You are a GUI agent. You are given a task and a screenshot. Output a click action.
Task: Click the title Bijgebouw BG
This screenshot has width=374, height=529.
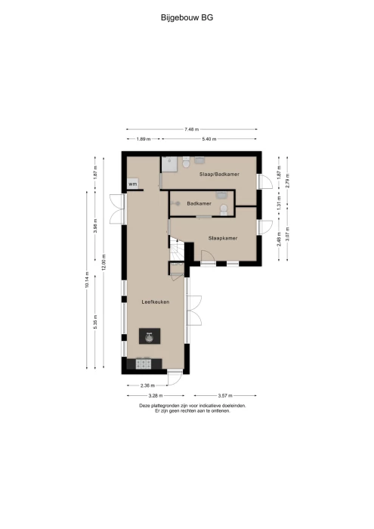pos(187,17)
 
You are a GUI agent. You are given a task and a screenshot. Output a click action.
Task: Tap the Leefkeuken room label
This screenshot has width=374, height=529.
pos(155,302)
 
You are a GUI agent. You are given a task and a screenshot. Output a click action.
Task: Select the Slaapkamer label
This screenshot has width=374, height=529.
pos(223,238)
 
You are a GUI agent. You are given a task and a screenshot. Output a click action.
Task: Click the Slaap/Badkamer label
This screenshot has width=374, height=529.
pos(219,174)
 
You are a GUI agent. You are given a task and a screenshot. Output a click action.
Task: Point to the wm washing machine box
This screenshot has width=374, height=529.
pos(133,184)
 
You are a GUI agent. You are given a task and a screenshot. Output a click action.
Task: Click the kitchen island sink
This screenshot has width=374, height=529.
pos(150,336)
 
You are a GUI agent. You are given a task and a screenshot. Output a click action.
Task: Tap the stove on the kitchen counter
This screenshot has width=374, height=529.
pos(144,363)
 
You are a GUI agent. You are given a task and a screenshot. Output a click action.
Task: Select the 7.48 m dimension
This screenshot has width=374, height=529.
pos(192,129)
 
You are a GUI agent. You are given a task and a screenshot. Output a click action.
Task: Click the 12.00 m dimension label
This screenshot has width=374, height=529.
pos(104,262)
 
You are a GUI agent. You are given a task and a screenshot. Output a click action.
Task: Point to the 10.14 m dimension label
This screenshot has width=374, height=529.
pos(87,280)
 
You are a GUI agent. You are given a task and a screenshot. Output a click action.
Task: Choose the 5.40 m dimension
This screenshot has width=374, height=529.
pos(209,138)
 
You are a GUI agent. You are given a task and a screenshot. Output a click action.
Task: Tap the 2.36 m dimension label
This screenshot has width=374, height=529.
pos(148,385)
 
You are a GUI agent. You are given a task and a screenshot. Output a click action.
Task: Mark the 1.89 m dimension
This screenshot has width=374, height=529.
pos(144,138)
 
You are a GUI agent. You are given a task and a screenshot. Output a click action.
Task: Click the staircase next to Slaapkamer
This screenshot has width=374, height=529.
pos(177,249)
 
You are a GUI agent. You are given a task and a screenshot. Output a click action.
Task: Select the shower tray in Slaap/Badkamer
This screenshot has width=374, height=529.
pos(168,164)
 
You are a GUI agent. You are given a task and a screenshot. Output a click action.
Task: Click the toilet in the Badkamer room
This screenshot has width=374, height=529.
pos(224,209)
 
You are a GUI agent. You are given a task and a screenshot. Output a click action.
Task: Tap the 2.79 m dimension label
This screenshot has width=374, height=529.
pos(287,181)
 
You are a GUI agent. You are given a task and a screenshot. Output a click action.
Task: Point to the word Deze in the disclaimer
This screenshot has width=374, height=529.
pos(144,406)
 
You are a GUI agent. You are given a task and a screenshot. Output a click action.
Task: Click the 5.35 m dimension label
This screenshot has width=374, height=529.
pos(95,322)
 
